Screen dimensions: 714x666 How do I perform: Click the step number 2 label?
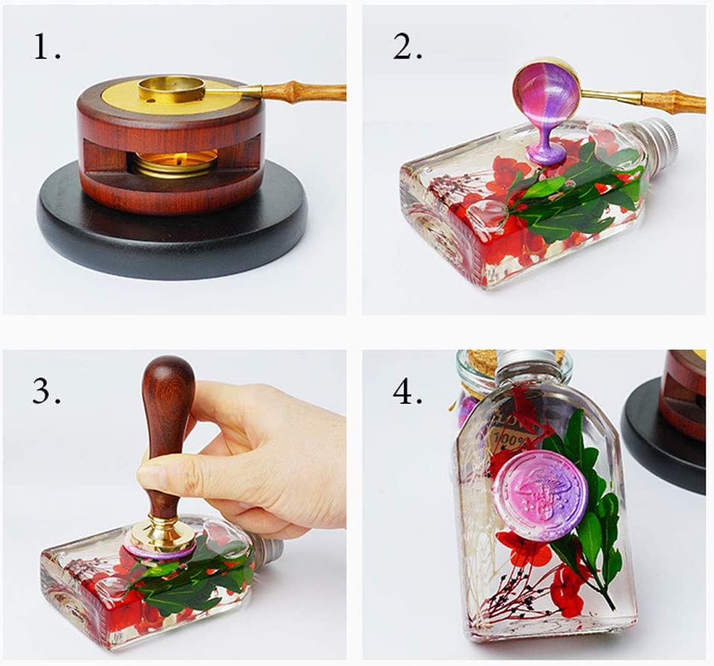[407, 48]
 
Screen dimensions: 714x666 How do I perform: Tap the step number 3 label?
[46, 390]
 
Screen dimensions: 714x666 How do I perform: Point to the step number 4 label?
[408, 390]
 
